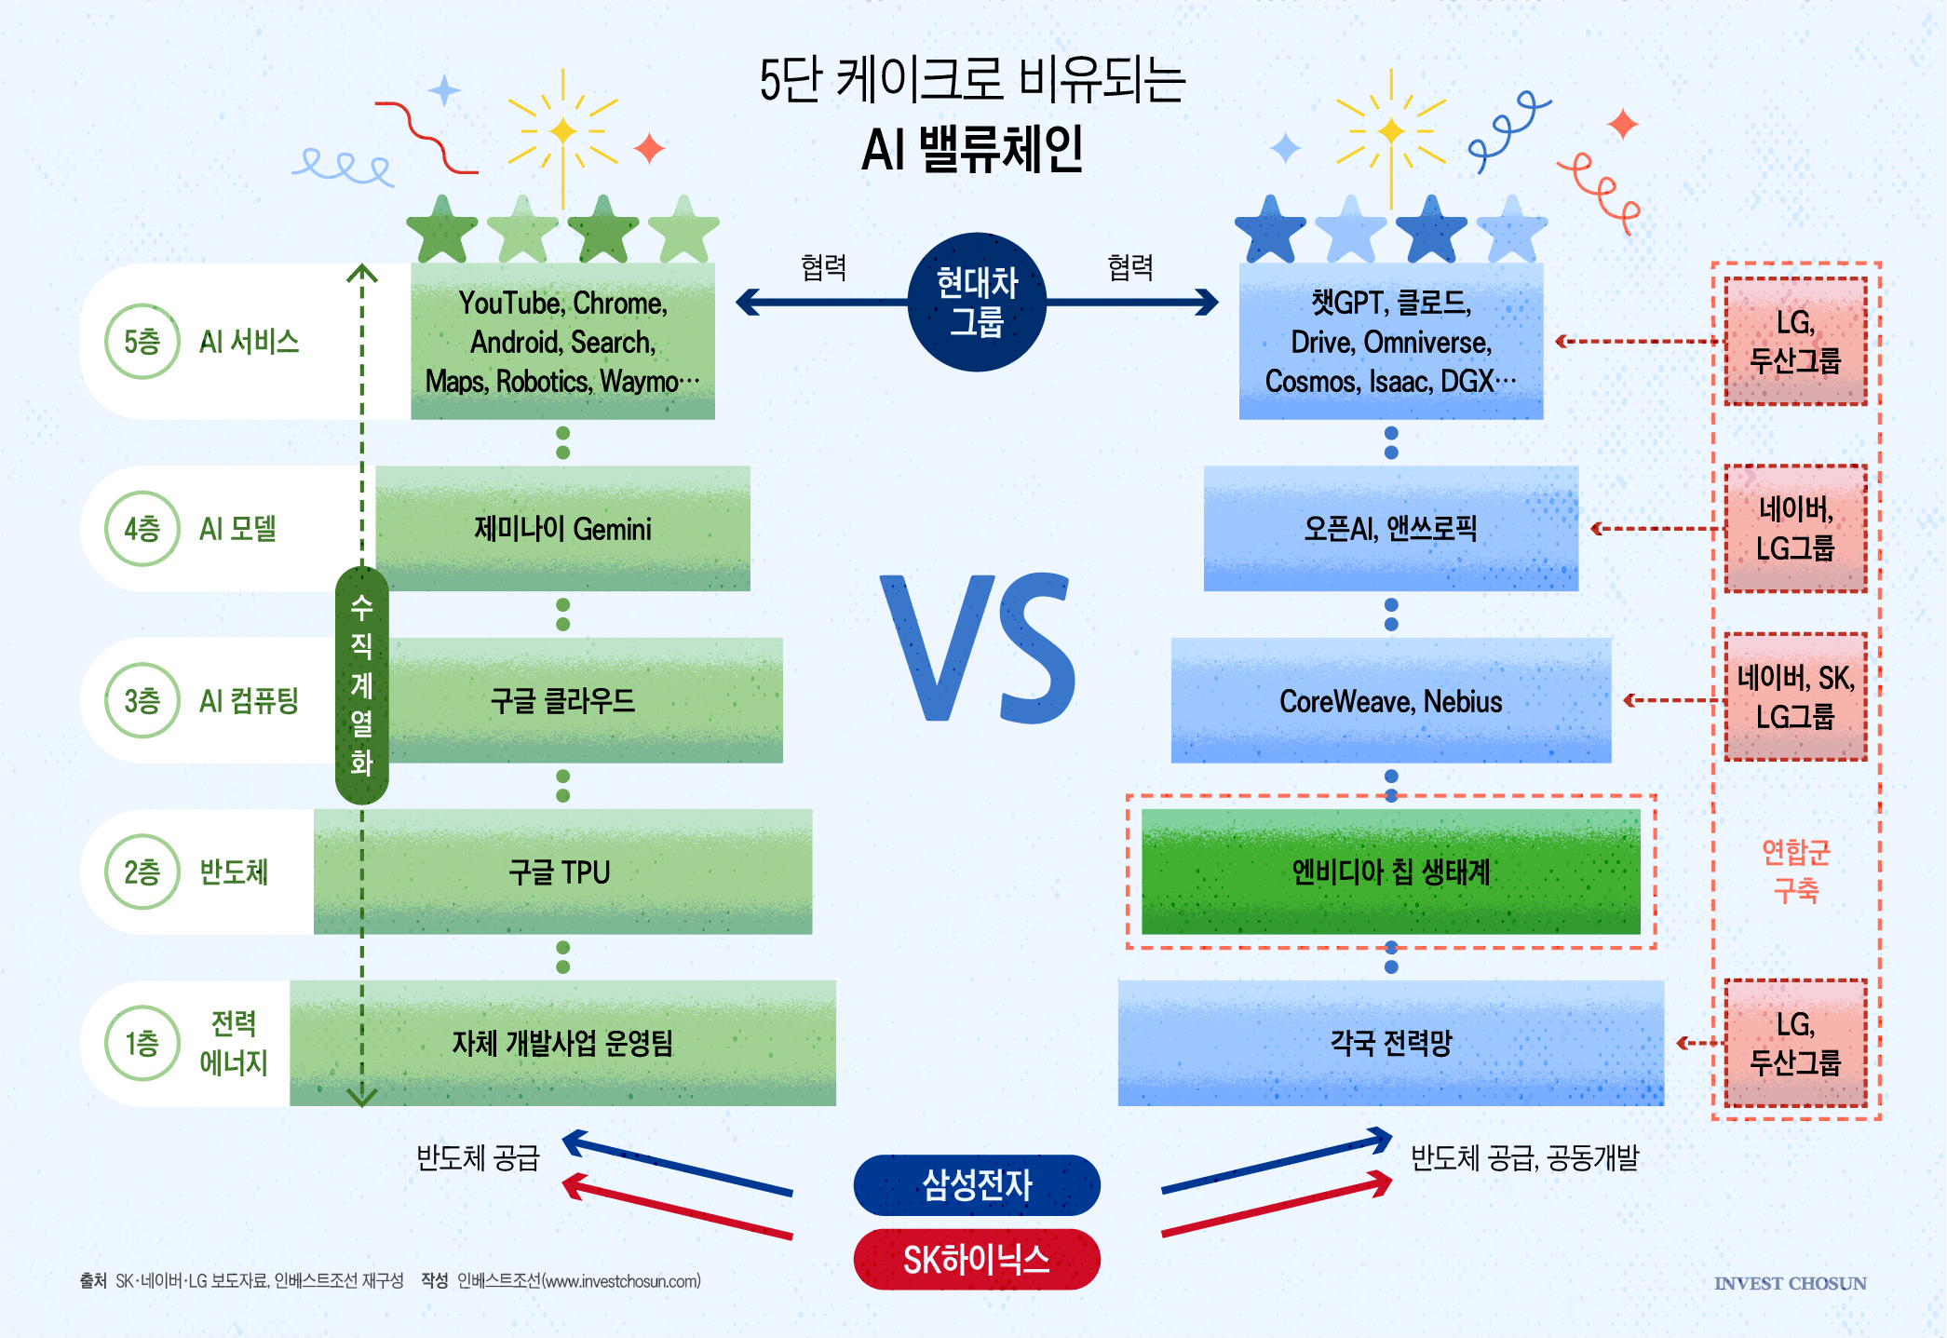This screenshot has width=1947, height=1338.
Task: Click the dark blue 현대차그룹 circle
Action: pyautogui.click(x=977, y=302)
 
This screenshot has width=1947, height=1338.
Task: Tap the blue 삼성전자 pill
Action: pyautogui.click(x=977, y=1184)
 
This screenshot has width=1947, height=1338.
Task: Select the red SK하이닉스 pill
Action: pyautogui.click(x=977, y=1259)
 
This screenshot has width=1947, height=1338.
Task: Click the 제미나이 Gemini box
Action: pyautogui.click(x=562, y=528)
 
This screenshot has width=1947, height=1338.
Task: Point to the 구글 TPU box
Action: pyautogui.click(x=562, y=872)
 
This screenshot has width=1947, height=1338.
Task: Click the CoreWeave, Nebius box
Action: pyautogui.click(x=1391, y=700)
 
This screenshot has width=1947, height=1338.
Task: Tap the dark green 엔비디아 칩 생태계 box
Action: pyautogui.click(x=1391, y=872)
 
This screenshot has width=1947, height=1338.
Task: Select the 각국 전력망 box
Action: pyautogui.click(x=1391, y=1043)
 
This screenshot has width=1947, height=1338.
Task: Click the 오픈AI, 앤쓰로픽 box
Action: pyautogui.click(x=1391, y=528)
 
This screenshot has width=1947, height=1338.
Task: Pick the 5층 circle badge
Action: pyautogui.click(x=142, y=342)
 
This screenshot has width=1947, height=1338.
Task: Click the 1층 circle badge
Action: pyautogui.click(x=142, y=1043)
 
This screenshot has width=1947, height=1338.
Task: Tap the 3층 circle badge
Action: pyautogui.click(x=142, y=700)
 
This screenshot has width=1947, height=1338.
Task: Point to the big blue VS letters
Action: pyautogui.click(x=978, y=648)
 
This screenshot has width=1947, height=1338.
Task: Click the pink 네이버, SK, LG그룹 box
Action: pyautogui.click(x=1795, y=697)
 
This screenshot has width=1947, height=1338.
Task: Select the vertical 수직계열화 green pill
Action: pyautogui.click(x=361, y=685)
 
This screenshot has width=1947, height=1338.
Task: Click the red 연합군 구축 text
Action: pyautogui.click(x=1795, y=871)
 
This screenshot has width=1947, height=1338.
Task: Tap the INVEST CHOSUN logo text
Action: pyautogui.click(x=1790, y=1283)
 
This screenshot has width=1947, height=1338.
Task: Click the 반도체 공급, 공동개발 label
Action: pyautogui.click(x=1524, y=1157)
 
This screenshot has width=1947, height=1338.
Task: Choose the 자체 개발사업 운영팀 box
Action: pyautogui.click(x=562, y=1043)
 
